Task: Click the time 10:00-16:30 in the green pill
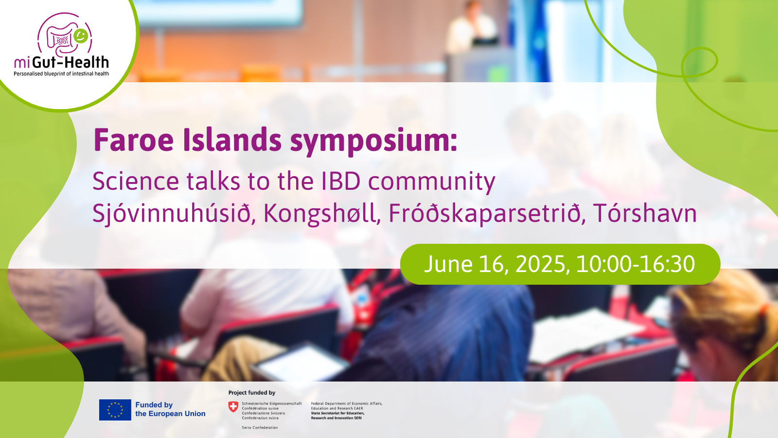(x=636, y=264)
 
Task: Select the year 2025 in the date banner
(x=541, y=265)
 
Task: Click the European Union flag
(x=115, y=410)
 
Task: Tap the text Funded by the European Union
(x=170, y=409)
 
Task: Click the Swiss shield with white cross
(x=233, y=407)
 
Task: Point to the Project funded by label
(x=252, y=392)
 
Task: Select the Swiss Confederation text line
(x=260, y=428)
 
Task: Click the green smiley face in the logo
(x=81, y=36)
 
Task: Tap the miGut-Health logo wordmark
(x=61, y=63)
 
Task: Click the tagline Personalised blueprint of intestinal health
(x=61, y=73)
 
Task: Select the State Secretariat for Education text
(x=337, y=413)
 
